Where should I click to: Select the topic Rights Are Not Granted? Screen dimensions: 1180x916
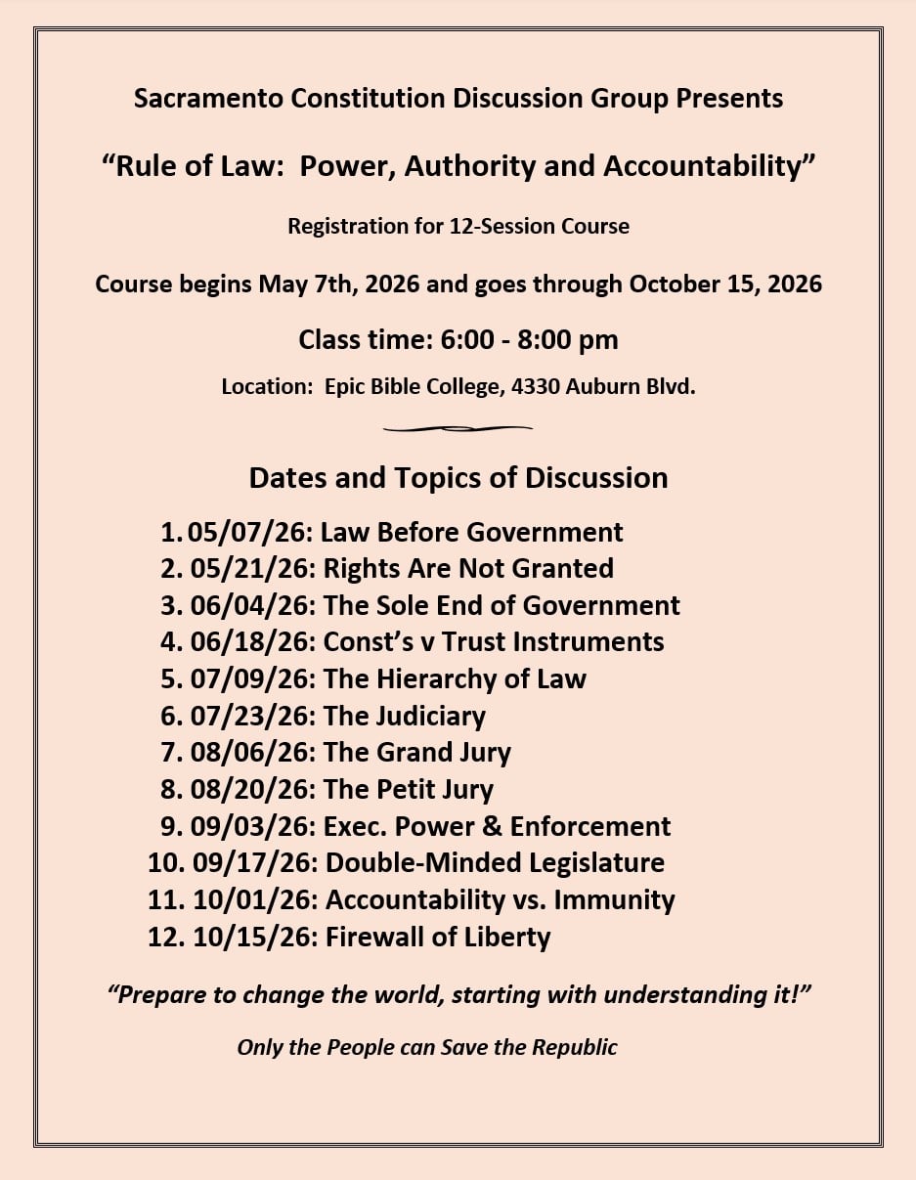point(468,568)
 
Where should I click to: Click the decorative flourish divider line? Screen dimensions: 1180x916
point(458,428)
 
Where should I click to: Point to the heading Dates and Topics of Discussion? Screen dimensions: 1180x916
point(458,478)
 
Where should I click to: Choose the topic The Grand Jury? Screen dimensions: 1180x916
point(416,752)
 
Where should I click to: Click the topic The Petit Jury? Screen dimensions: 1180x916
point(408,789)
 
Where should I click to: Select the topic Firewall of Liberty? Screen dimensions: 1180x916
point(437,937)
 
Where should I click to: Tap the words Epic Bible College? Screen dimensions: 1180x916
point(413,386)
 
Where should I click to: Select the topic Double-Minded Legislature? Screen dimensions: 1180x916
point(495,863)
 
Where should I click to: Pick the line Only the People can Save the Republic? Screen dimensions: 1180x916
point(427,1047)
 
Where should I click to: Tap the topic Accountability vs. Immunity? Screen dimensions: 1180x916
point(500,899)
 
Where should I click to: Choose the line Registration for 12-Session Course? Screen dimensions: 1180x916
point(458,227)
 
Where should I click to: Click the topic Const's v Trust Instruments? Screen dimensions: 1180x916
point(494,641)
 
